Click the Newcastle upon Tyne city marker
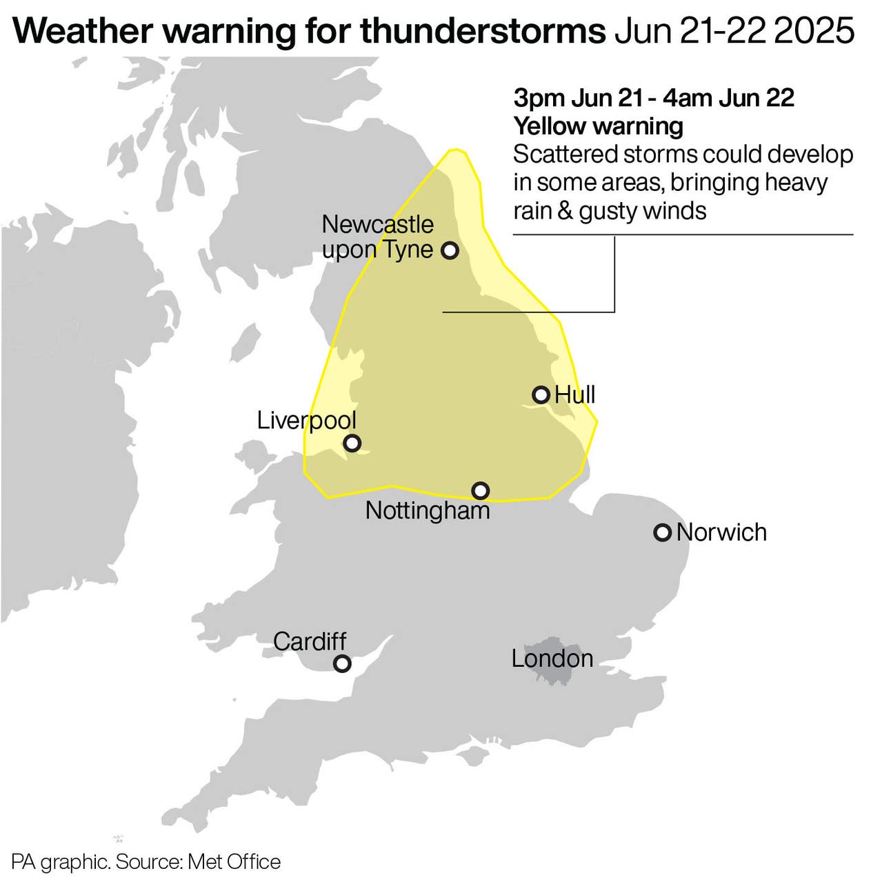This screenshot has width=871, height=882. (450, 250)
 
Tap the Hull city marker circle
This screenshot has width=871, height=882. (541, 394)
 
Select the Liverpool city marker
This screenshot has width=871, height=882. (352, 443)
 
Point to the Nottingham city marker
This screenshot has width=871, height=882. (481, 490)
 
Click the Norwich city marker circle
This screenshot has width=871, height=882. (662, 532)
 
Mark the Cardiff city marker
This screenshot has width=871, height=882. (342, 663)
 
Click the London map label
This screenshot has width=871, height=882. (552, 659)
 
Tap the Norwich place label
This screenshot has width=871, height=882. (721, 532)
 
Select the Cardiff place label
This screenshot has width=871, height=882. (310, 641)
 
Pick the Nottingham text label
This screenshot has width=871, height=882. (427, 511)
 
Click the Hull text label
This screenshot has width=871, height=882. (574, 394)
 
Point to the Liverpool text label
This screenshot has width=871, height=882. (306, 420)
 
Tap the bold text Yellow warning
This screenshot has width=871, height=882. (598, 126)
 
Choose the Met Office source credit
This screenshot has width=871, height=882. (234, 862)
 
